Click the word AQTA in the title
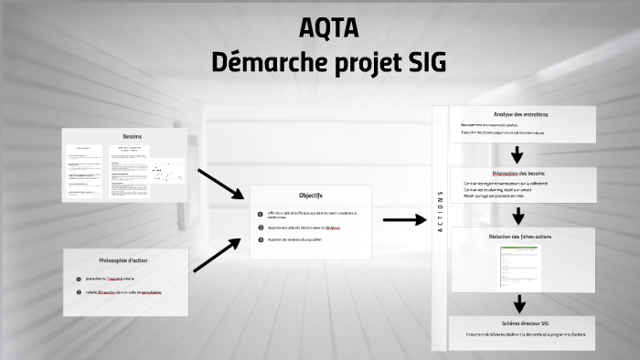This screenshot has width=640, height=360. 328,28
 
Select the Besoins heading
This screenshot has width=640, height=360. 133,136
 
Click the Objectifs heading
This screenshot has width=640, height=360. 310,195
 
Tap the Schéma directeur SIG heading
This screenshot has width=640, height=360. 519,323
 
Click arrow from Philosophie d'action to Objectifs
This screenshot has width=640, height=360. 217,256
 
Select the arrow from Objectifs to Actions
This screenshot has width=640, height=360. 404,219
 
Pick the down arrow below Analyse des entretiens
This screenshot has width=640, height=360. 519,154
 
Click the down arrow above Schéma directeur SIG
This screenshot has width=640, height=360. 519,303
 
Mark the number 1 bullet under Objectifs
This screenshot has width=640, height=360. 260,214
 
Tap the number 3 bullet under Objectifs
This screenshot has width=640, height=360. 260,239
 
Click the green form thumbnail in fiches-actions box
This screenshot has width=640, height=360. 518,263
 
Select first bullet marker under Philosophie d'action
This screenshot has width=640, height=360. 79,278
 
